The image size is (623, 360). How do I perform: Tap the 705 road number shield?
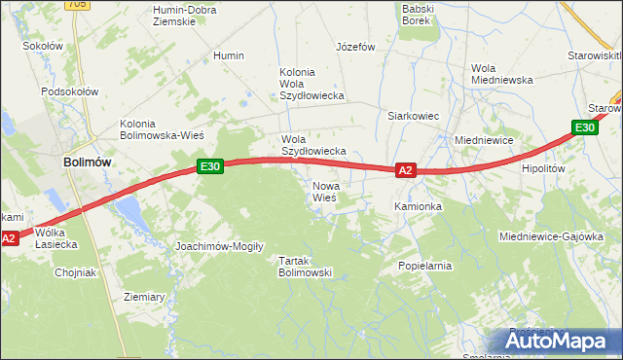(x=79, y=5)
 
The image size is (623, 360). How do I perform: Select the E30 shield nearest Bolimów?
(x=211, y=166)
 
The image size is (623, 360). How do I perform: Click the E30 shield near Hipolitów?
(x=584, y=127)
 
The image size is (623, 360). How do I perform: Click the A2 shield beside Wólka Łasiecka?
(x=9, y=237)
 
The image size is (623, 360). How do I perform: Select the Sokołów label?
(x=42, y=46)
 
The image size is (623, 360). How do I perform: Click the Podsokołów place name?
(x=70, y=91)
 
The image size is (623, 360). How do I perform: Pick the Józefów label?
(x=355, y=47)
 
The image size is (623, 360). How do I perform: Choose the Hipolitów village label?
(x=543, y=168)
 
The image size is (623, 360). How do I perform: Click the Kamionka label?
(x=419, y=207)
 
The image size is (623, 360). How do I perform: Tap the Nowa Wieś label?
(x=324, y=191)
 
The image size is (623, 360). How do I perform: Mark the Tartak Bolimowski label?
(x=306, y=267)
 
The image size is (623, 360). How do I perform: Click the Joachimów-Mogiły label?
(x=219, y=246)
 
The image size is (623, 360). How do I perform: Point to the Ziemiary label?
(x=144, y=296)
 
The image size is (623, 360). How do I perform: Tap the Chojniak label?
(x=75, y=272)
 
